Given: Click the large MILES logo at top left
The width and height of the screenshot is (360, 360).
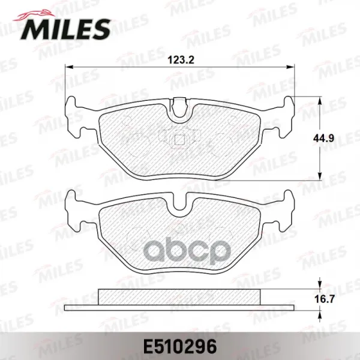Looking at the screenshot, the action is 65,29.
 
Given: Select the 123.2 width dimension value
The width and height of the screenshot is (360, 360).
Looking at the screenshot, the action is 181,60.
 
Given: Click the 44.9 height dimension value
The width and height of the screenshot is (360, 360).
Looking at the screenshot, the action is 323,139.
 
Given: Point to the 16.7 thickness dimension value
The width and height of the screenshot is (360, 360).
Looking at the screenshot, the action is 324,299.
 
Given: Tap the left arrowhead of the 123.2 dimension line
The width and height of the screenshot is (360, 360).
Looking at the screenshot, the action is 69,67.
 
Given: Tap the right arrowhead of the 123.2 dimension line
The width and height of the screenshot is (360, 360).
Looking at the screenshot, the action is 290,67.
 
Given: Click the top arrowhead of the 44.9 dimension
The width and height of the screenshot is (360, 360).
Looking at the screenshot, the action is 319,100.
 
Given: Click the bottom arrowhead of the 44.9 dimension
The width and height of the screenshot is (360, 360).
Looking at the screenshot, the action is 319,176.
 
